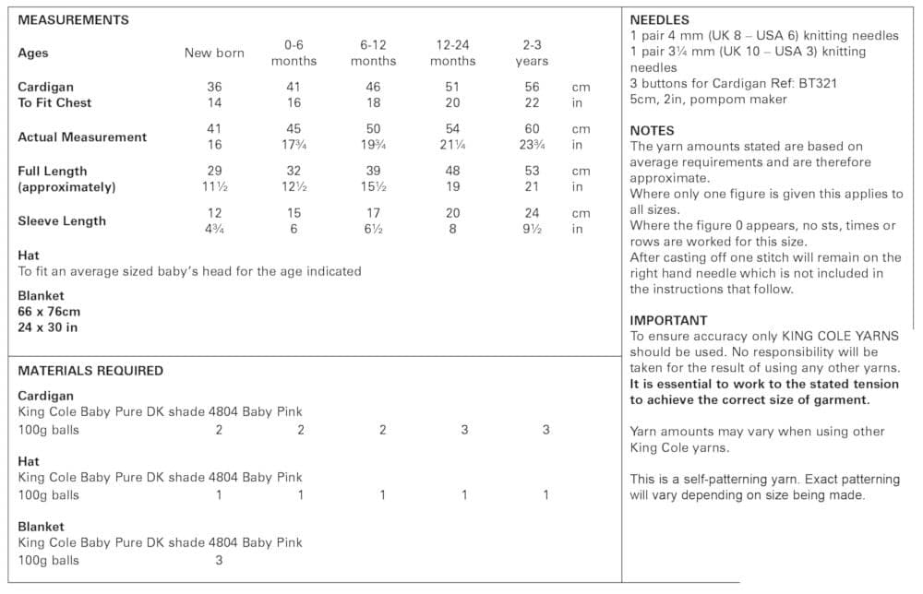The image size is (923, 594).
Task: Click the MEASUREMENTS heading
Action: (74, 19)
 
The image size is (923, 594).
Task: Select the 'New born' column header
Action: (214, 53)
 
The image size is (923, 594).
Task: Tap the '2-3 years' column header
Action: (532, 53)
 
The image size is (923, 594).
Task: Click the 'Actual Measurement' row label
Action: (82, 137)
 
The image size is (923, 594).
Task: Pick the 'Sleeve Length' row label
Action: (62, 220)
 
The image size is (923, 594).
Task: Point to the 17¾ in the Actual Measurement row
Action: (294, 145)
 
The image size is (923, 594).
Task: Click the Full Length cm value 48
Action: (452, 171)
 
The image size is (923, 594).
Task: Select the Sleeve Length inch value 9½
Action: (532, 229)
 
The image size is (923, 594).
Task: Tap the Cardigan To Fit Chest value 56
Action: (532, 87)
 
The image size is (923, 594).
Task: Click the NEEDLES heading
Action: (659, 19)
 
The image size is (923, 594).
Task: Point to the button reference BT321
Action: (816, 83)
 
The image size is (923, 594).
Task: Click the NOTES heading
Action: (652, 130)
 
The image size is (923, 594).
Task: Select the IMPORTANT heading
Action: (668, 320)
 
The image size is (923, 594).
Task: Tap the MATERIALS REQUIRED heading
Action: (90, 371)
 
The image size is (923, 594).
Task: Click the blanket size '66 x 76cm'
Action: (49, 311)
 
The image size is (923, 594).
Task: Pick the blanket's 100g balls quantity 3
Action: (219, 560)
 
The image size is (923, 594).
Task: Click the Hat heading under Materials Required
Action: (29, 461)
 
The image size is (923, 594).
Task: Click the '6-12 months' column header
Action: (373, 53)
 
